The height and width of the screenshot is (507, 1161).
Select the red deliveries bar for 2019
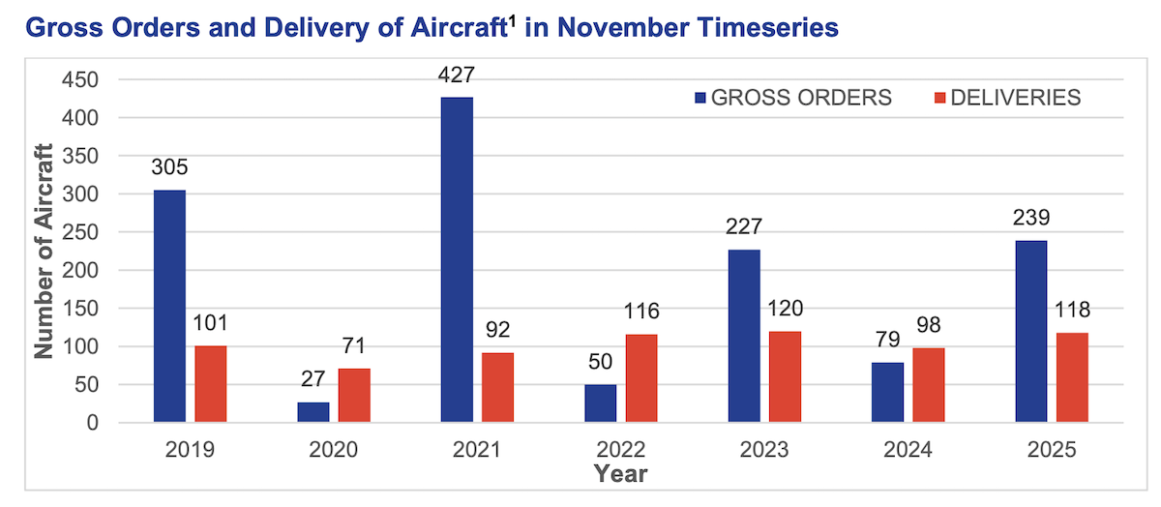[x=211, y=384]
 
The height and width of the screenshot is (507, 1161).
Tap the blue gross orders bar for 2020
[x=313, y=412]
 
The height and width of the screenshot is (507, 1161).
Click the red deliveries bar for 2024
[x=929, y=385]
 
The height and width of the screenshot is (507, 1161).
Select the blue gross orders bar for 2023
[x=744, y=336]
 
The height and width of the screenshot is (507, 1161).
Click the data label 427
[x=457, y=75]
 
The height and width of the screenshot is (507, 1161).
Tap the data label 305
[x=169, y=168]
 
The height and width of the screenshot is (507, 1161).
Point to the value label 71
[x=354, y=346]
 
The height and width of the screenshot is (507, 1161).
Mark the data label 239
[x=1031, y=219]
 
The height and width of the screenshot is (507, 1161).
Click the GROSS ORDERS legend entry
[x=792, y=98]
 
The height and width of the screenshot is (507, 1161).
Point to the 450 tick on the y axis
[x=80, y=80]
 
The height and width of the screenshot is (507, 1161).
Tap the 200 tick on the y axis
[x=80, y=271]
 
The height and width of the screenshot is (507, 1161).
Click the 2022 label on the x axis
[x=621, y=450]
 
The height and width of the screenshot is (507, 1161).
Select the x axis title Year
[x=621, y=474]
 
